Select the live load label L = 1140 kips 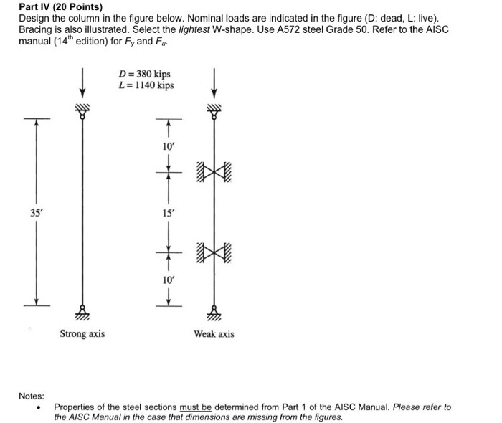[146, 86]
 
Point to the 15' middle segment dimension [169, 214]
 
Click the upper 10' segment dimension [169, 146]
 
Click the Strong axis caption [82, 334]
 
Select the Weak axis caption [214, 334]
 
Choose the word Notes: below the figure [32, 396]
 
